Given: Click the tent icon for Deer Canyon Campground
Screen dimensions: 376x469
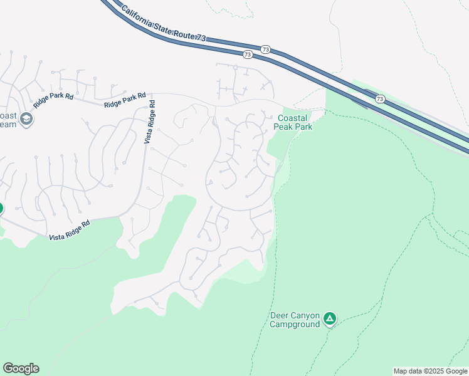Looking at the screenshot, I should coord(330,319).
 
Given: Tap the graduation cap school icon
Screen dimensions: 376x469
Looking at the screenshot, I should coord(26,119).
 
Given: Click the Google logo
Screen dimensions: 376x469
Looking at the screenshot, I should coord(21,368).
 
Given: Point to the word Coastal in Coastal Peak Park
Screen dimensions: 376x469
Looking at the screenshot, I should coord(293,118).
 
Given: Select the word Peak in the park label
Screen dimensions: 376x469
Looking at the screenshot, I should coord(284,127).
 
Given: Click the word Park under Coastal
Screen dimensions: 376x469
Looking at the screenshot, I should coord(304,127).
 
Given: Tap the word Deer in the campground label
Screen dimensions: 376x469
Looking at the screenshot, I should coord(279,315).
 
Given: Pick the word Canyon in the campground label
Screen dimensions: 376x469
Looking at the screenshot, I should coord(305,315).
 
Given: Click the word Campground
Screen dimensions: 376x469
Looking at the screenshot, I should coord(295,324).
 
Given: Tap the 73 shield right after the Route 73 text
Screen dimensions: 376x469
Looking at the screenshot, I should coord(265,49).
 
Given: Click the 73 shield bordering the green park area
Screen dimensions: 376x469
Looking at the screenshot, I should coord(380,99).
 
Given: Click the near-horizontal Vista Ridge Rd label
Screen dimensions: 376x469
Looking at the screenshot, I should coord(69,229).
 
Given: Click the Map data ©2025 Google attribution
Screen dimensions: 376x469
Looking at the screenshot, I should coord(430,371).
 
